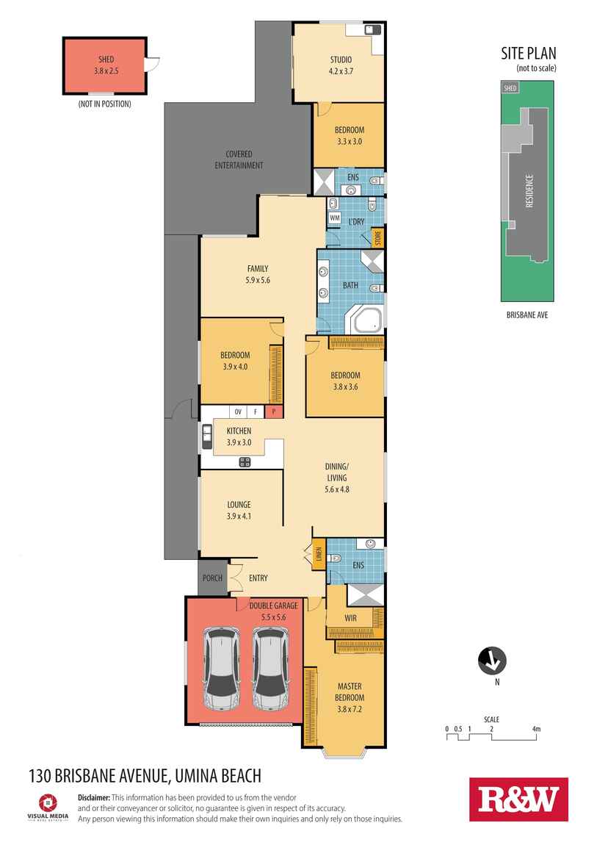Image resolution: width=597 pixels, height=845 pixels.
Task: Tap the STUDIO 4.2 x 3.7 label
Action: [341, 65]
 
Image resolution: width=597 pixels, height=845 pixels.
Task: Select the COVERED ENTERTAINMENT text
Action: [239, 159]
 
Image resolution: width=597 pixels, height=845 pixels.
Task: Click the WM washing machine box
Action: [334, 217]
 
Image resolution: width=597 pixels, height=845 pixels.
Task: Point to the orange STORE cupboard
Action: [378, 237]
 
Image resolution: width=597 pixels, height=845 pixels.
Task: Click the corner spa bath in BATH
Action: [367, 320]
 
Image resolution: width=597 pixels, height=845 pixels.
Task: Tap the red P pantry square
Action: [273, 411]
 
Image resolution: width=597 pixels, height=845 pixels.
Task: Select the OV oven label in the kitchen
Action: [238, 412]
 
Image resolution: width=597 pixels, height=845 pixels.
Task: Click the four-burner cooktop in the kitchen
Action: [245, 462]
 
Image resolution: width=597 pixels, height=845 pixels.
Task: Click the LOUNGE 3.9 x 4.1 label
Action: [239, 511]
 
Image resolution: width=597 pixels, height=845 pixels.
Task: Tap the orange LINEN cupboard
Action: [319, 554]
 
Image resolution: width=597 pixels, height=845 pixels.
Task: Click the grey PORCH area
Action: [213, 578]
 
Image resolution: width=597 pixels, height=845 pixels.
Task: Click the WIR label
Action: [350, 618]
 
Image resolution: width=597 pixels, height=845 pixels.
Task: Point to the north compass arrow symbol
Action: [492, 660]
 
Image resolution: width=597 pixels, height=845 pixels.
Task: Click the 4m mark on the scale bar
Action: [536, 729]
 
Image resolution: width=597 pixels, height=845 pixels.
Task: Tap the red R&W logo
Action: [518, 799]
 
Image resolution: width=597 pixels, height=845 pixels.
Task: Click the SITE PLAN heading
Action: [529, 54]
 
